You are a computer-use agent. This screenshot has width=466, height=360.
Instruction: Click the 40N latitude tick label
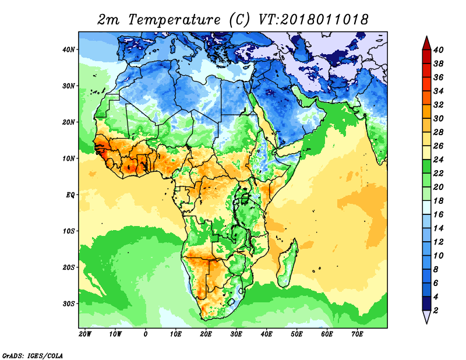(69, 49)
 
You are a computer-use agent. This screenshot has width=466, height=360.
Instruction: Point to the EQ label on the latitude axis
(70, 195)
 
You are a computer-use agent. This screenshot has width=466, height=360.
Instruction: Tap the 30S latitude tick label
(69, 303)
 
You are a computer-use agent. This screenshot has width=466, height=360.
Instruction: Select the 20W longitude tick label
(84, 334)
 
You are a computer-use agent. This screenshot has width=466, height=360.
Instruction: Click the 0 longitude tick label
(145, 334)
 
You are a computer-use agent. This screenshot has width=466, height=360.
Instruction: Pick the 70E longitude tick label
(357, 334)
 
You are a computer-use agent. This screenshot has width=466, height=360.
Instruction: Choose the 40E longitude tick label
(266, 334)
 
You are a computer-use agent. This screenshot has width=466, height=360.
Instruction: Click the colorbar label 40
(439, 50)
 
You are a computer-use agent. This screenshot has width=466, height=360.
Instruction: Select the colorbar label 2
(436, 310)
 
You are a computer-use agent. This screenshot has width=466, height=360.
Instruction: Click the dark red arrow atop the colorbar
(426, 43)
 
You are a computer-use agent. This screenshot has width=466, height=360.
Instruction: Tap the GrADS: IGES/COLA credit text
(33, 355)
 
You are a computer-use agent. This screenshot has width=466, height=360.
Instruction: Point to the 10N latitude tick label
(69, 158)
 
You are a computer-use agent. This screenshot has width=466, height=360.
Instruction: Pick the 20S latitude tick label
(69, 267)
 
